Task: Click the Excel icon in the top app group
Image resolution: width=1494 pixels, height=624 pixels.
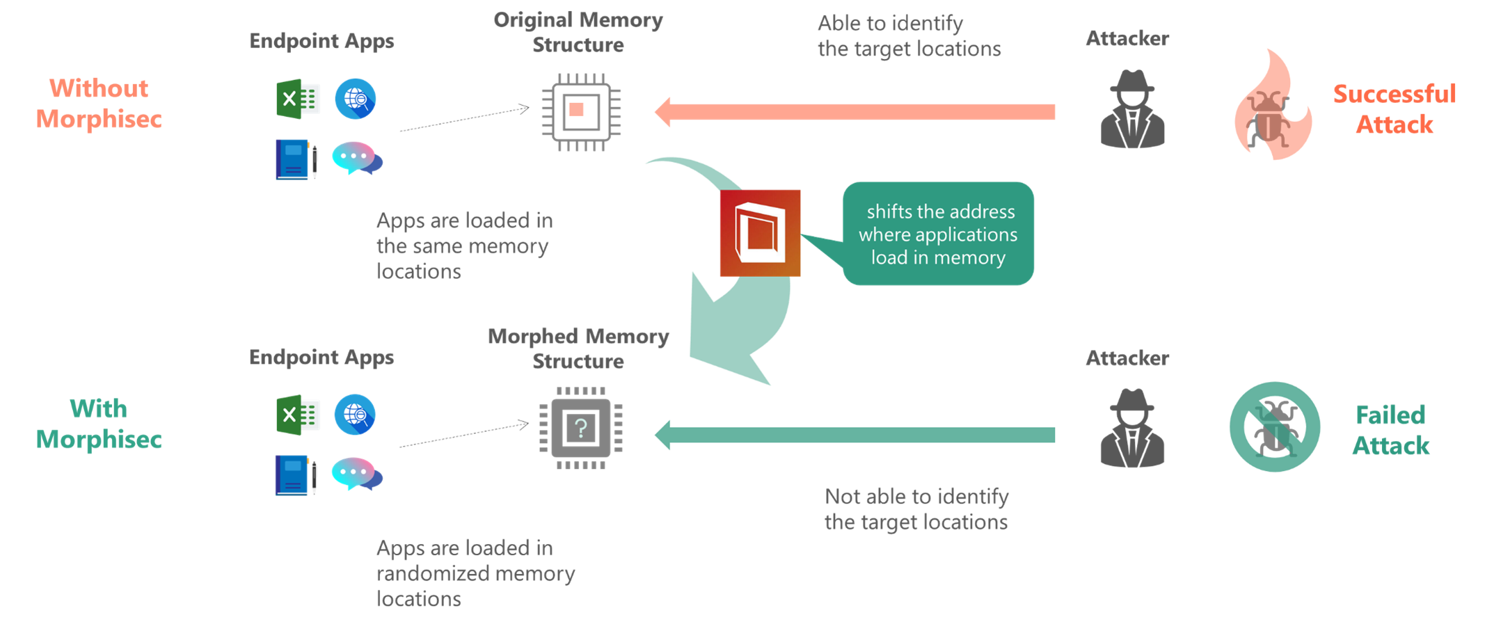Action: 298,99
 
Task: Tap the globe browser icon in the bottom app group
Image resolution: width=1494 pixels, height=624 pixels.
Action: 355,415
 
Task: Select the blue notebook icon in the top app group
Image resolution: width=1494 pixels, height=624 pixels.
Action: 295,159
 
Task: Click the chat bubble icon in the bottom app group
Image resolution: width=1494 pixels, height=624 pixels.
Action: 356,474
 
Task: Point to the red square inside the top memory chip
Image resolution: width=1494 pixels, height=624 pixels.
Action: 576,109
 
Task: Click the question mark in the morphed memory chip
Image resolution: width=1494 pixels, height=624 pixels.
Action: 581,427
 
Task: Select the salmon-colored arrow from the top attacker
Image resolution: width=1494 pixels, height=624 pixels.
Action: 856,112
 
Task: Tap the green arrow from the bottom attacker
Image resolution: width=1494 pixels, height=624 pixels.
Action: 856,435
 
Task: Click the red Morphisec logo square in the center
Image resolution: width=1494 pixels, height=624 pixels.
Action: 760,233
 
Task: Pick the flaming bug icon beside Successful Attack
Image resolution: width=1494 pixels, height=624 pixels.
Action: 1273,108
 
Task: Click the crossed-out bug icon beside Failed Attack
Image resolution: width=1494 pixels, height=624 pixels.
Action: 1275,427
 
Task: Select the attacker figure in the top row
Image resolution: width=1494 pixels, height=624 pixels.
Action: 1132,110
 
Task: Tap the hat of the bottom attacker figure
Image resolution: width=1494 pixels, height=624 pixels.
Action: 1132,399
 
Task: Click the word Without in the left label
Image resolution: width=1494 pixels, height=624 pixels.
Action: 99,88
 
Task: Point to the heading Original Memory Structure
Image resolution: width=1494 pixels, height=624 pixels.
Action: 578,32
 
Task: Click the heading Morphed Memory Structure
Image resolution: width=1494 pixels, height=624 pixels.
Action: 578,349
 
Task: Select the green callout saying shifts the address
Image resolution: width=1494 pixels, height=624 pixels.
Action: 938,234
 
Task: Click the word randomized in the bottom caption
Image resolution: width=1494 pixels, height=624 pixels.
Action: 425,574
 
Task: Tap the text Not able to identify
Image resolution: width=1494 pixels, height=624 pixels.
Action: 916,497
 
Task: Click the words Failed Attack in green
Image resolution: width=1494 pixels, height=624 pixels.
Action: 1390,430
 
